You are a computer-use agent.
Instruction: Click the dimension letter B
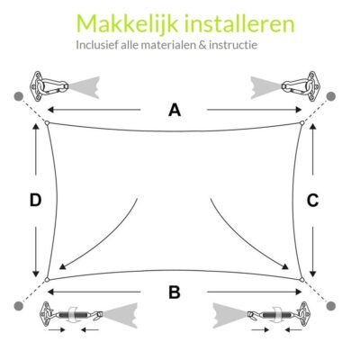point(175,291)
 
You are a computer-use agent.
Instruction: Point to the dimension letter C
point(312,201)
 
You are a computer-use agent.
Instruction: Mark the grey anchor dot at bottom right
point(332,306)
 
